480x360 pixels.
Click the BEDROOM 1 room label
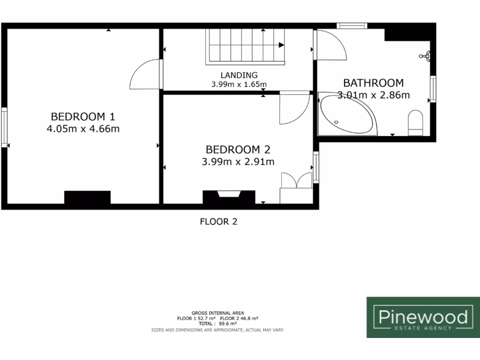click(83, 116)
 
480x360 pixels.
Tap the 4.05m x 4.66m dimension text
click(83, 128)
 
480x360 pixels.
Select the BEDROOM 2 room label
click(238, 150)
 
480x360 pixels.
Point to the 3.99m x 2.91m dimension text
click(238, 162)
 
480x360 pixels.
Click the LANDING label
click(239, 75)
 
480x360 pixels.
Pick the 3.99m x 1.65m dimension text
click(239, 84)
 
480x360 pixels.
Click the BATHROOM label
click(373, 83)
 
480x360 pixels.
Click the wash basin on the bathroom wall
click(427, 57)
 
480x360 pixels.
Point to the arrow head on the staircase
click(281, 45)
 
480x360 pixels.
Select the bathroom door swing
click(330, 45)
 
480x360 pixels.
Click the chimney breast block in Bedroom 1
click(87, 197)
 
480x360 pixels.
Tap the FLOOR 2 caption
click(218, 222)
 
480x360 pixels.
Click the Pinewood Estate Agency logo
click(423, 317)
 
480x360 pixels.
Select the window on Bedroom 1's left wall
click(4, 127)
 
